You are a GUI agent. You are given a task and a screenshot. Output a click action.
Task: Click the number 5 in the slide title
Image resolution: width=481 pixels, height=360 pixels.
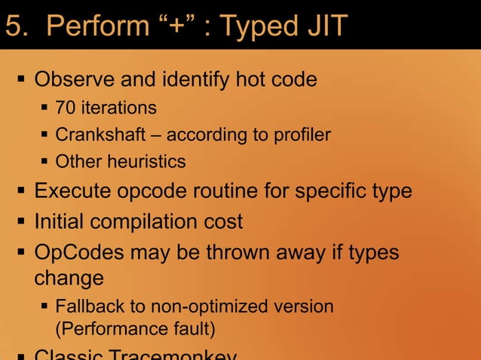click(14, 26)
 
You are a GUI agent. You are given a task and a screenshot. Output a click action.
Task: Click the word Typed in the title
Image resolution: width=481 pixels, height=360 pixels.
click(254, 26)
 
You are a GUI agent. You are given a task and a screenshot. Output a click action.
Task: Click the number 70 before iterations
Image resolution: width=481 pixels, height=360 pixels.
click(66, 108)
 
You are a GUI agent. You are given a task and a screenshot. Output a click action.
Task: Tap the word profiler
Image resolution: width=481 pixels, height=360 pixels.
click(302, 135)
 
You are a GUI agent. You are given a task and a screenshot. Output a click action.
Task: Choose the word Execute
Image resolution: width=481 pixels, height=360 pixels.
click(70, 191)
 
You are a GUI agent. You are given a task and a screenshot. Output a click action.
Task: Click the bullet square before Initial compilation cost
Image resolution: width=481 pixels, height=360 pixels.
click(22, 222)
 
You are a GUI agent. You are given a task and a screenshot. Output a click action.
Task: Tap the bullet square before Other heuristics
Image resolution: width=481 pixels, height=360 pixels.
click(46, 161)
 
